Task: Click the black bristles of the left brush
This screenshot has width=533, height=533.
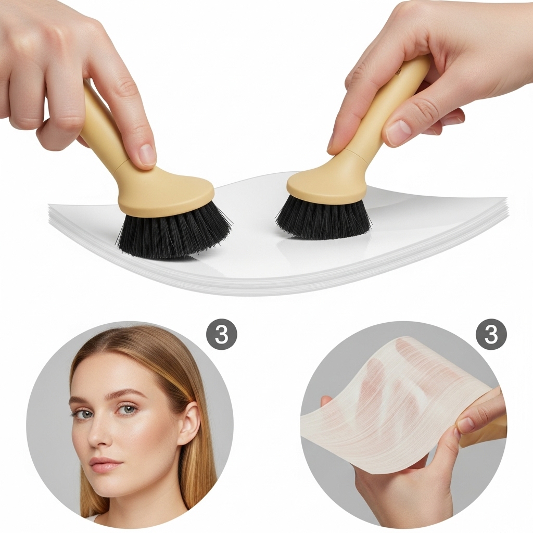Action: coord(174,233)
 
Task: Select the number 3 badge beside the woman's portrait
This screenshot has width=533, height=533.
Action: coord(222,334)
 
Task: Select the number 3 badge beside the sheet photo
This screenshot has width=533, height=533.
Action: coord(491,334)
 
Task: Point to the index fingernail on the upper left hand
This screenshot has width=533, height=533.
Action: coord(147,154)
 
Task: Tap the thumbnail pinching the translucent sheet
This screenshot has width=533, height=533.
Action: coord(466,424)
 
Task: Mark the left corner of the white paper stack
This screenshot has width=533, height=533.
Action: coord(48,205)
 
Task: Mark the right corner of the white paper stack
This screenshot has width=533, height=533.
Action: coord(506,199)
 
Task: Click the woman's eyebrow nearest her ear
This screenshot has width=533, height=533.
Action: coord(126,395)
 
